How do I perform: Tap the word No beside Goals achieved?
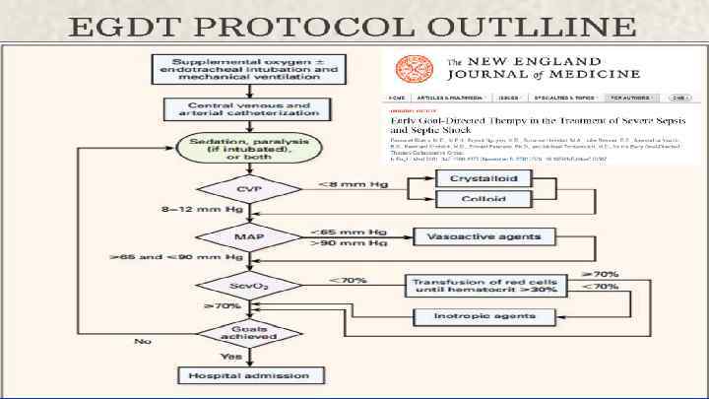tap(144, 342)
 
